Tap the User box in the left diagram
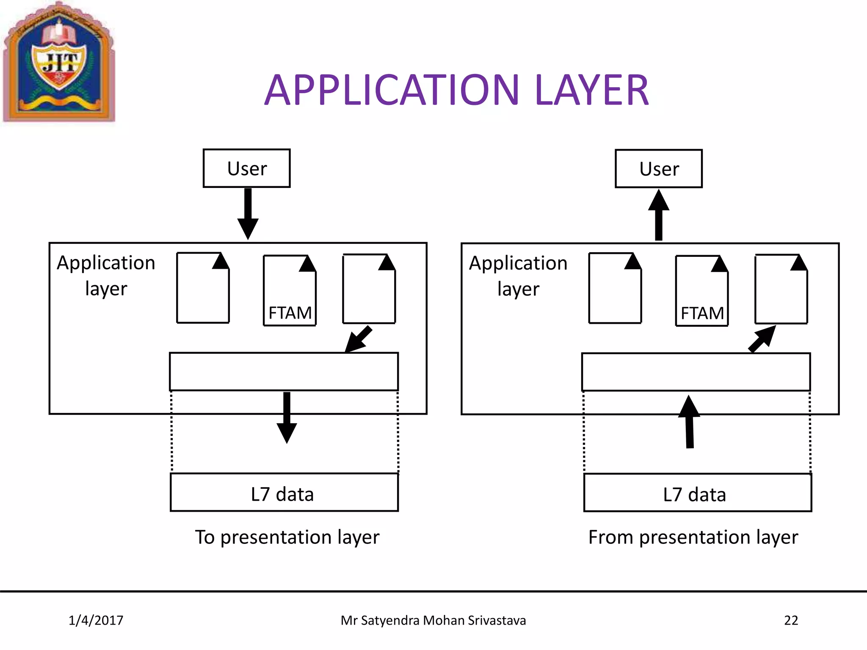pos(247,168)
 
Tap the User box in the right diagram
pos(659,169)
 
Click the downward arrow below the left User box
pos(248,214)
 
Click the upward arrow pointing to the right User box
pos(659,215)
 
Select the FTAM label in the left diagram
pos(290,313)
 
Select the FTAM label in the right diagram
pos(702,314)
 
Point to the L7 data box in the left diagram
pos(284,493)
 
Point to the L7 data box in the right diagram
pos(697,493)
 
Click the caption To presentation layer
pos(287,537)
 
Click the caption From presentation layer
pos(693,537)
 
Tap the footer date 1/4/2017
pos(96,620)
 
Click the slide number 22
pos(791,620)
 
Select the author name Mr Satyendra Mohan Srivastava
pos(433,620)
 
